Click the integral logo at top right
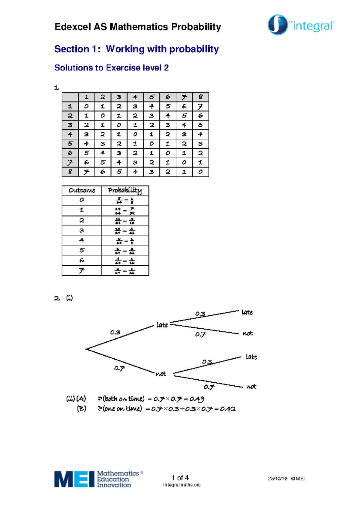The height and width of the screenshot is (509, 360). [301, 25]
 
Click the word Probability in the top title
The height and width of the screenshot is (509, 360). [196, 27]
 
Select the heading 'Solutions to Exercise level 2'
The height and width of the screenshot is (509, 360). [111, 68]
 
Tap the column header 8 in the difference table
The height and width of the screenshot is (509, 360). [200, 97]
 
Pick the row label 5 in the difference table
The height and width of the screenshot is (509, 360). [70, 144]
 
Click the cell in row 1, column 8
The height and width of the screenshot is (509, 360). [200, 107]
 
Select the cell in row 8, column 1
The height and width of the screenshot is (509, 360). [86, 172]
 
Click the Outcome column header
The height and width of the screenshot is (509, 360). [82, 191]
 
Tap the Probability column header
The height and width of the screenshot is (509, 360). [125, 191]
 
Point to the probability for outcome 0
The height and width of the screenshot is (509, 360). [125, 200]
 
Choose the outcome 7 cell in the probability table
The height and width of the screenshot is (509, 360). [82, 271]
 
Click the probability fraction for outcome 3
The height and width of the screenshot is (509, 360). [125, 231]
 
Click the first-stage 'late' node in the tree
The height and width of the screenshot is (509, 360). [162, 325]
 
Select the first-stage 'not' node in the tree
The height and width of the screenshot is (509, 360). [161, 374]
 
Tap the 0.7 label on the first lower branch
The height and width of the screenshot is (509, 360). [119, 368]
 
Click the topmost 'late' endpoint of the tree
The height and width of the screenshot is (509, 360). [247, 312]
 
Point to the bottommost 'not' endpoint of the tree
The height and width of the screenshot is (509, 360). [251, 387]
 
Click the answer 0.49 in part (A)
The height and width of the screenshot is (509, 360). [196, 399]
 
